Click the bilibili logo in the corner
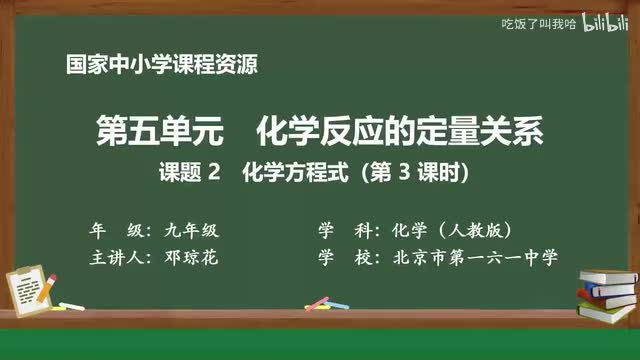(604, 23)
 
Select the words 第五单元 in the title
(150, 131)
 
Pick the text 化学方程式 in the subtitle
(291, 173)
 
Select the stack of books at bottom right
(606, 290)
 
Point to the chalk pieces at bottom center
(317, 300)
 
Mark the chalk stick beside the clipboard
(73, 305)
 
